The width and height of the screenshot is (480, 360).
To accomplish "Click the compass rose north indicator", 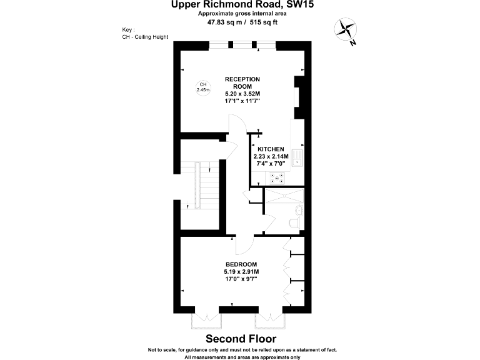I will [x=345, y=31].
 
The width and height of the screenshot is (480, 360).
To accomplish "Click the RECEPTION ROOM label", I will [x=242, y=82].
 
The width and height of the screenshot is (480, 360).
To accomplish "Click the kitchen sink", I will [x=298, y=156].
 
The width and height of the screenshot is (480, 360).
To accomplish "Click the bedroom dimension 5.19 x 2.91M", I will [x=241, y=272].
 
